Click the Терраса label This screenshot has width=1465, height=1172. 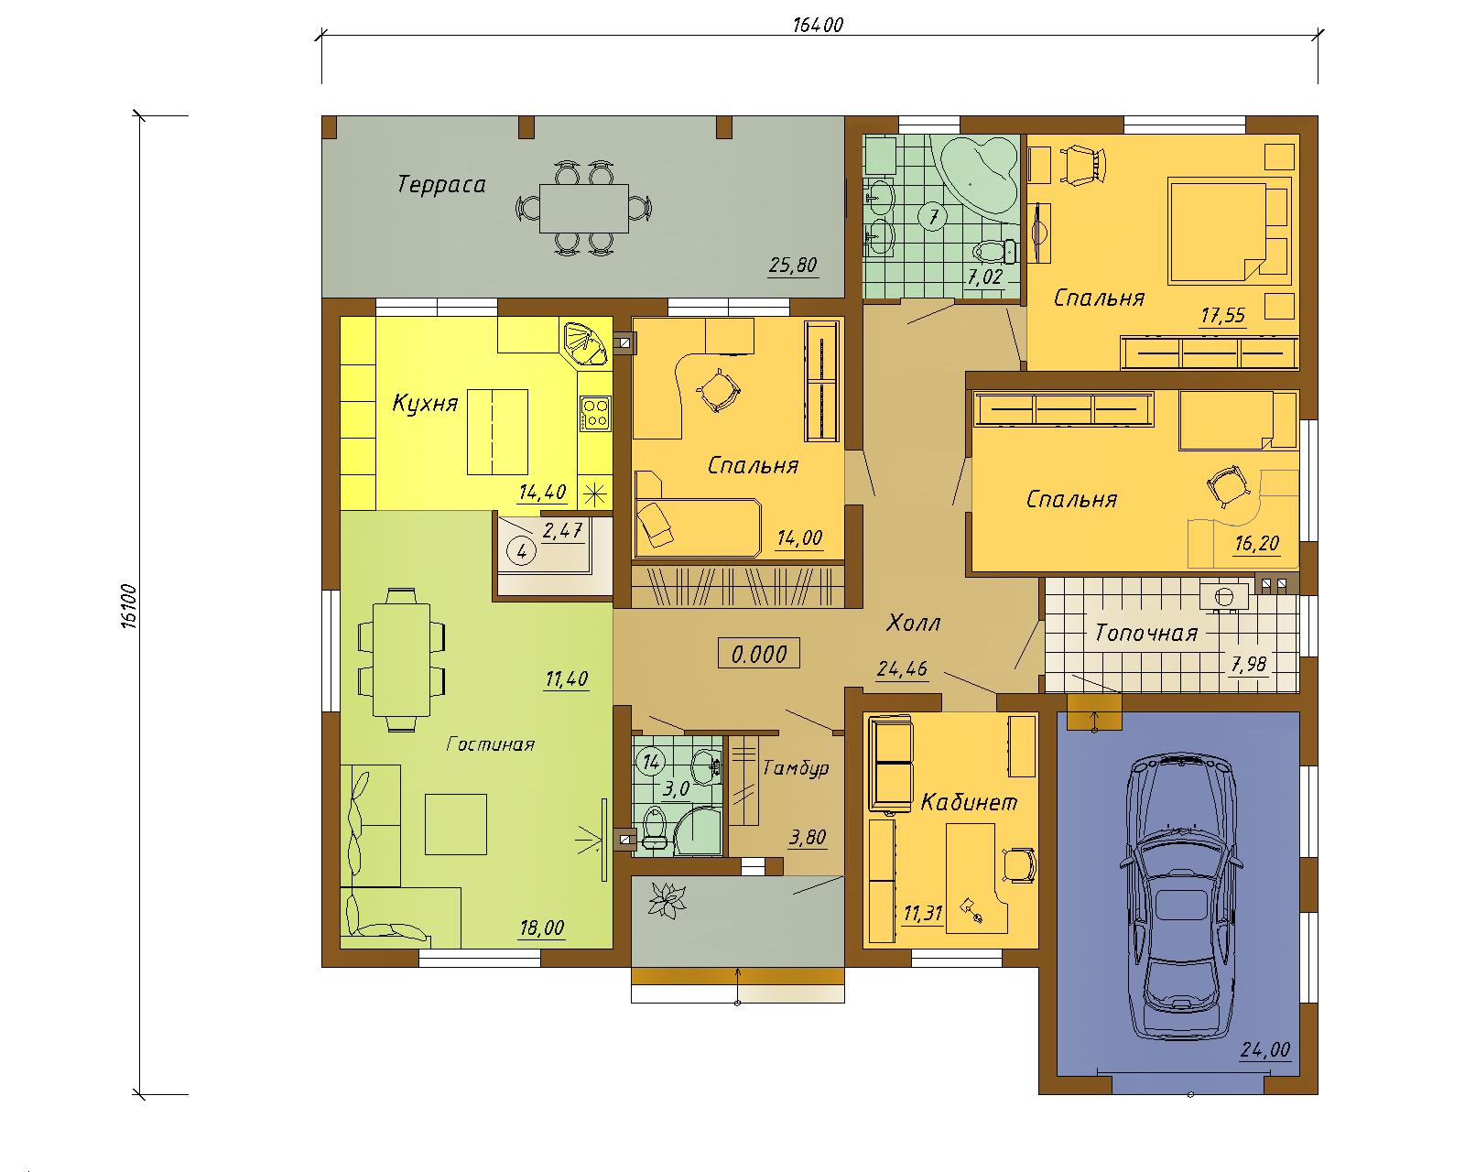[441, 184]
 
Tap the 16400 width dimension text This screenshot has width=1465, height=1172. [818, 26]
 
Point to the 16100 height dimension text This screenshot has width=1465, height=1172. [129, 605]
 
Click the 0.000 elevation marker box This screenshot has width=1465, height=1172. [758, 654]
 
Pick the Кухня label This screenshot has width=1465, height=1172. [425, 403]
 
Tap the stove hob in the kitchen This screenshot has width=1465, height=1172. [595, 413]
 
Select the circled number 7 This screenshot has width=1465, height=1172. [933, 217]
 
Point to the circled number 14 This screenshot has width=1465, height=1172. [651, 762]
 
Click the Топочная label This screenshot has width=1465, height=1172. [1145, 634]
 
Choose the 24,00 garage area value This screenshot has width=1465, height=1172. [1264, 1049]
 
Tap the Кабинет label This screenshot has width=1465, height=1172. [969, 801]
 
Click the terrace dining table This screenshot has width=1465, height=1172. [584, 209]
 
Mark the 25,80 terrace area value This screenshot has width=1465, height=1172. [792, 265]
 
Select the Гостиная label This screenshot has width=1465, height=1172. [490, 743]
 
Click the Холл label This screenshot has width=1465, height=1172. [913, 622]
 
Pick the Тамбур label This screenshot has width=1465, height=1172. [795, 768]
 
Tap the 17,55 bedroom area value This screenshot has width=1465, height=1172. [1222, 315]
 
